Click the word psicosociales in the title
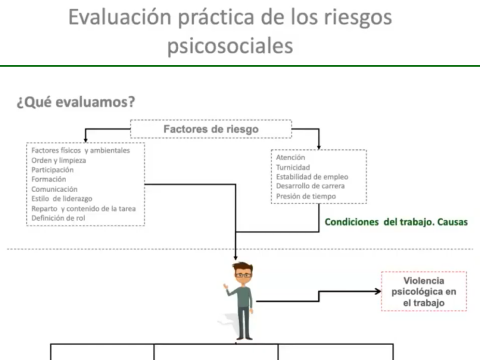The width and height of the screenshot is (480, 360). [230, 46]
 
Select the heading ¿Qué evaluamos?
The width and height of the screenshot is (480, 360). [76, 101]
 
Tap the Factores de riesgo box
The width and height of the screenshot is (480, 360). [211, 129]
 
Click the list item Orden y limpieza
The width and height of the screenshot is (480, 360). [58, 160]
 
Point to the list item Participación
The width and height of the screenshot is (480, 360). [52, 170]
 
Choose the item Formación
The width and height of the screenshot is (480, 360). [49, 179]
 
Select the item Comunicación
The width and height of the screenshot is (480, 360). [54, 189]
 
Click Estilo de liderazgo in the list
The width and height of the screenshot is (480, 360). [62, 199]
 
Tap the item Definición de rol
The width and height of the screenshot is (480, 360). [58, 218]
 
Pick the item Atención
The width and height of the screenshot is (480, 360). [290, 157]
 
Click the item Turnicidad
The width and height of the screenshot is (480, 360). [293, 167]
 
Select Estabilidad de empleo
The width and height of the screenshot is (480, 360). [312, 176]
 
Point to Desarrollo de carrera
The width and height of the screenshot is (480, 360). [310, 186]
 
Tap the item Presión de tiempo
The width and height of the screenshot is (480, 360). [306, 196]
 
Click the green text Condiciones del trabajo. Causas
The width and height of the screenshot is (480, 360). [396, 222]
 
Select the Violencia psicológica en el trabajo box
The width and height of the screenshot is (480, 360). [424, 292]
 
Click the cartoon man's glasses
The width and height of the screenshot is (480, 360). [243, 275]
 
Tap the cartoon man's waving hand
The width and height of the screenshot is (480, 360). [226, 287]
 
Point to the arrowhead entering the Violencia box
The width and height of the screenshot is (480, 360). [379, 292]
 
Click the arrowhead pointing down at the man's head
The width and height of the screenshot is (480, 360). [235, 258]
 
